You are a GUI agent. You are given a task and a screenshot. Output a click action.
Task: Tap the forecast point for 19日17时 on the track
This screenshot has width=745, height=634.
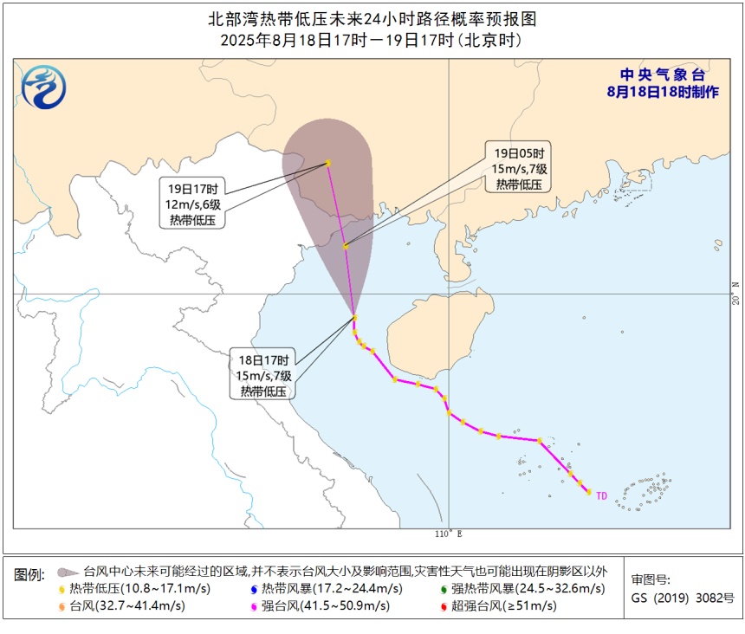[328, 163]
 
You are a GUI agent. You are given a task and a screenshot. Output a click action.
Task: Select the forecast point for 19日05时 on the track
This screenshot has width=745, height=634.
[346, 247]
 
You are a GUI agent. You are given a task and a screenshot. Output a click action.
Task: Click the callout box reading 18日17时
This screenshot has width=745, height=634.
[267, 374]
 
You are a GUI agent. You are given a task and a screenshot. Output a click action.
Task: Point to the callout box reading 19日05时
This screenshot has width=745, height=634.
[518, 167]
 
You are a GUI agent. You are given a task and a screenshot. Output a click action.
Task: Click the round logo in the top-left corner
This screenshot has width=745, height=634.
[42, 87]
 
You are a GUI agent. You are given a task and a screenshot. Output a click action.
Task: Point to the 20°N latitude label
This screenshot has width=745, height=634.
[735, 294]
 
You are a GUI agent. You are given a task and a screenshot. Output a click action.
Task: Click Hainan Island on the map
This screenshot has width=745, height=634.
[437, 333]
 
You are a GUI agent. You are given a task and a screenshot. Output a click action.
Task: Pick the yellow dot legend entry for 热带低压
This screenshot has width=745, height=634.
[62, 589]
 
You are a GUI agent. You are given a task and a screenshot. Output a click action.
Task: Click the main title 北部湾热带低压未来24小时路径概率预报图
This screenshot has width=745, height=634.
[372, 18]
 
